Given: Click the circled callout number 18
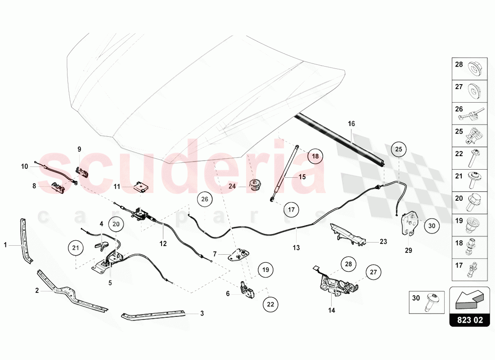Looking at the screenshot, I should [315, 157].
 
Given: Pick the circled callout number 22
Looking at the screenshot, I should [270, 304].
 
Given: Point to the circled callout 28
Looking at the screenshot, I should [347, 264].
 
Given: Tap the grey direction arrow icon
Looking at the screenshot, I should [469, 299].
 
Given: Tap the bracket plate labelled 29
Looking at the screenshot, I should [409, 224].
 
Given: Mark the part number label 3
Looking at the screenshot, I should [202, 313].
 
